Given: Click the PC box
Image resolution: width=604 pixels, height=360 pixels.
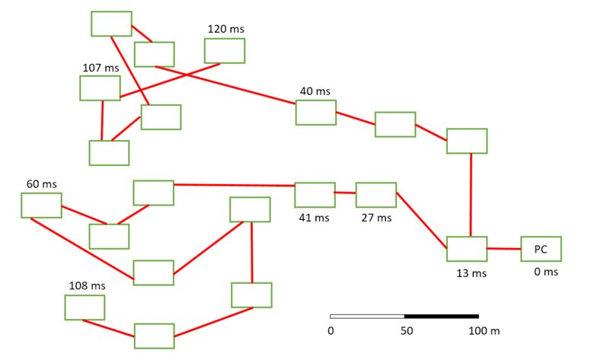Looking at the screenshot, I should (541, 249).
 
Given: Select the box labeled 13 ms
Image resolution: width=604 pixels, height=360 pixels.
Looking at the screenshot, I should (466, 249).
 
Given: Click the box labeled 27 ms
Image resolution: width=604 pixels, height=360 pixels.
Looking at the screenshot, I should (376, 195).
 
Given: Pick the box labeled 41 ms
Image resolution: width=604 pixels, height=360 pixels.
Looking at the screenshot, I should (315, 195).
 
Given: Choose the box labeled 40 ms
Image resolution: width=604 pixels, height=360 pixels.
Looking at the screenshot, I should (315, 112).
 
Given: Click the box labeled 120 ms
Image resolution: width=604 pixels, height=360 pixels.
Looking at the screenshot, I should (224, 50).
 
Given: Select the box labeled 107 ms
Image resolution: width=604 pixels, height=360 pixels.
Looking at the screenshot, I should (100, 88).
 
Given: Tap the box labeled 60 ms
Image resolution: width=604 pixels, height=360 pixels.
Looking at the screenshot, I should (41, 205).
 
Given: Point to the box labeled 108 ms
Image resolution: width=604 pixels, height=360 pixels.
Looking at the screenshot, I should (85, 307).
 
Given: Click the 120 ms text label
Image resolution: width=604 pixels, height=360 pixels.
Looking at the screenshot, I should (225, 29).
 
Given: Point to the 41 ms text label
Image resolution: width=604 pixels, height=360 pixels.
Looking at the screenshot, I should (315, 218).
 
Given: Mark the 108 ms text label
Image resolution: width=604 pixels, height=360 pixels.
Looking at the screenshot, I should (86, 286).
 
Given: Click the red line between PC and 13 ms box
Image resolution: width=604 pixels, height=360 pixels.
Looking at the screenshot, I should (503, 249).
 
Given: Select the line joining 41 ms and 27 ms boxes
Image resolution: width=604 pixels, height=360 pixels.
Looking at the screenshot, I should (345, 193).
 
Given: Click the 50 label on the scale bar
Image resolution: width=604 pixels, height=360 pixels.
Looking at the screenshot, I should (407, 331).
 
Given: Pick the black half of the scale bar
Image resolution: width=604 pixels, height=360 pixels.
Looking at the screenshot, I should (442, 316).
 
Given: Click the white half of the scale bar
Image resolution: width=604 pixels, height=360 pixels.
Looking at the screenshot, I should (367, 316).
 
